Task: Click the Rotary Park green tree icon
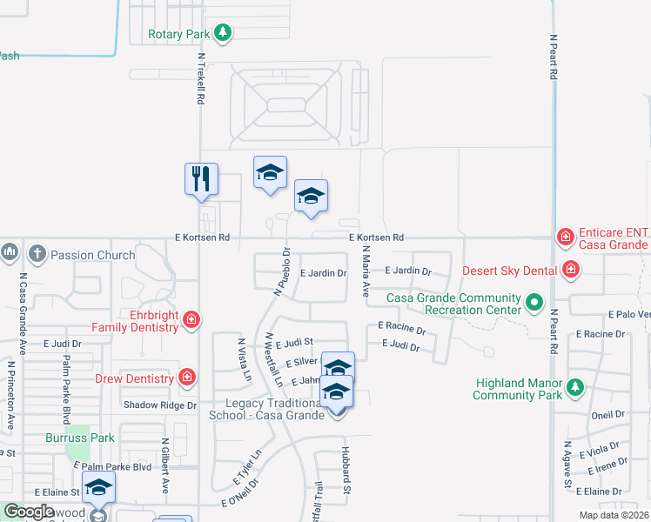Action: (224, 33)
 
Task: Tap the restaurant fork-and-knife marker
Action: (201, 178)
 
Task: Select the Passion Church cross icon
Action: (37, 254)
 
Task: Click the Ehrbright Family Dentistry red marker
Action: (191, 321)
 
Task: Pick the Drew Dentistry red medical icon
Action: (186, 377)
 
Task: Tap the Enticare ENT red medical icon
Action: (566, 236)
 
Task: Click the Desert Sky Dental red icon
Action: (570, 270)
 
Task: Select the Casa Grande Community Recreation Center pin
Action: (534, 304)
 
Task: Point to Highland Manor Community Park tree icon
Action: (574, 386)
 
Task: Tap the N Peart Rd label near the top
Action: (554, 57)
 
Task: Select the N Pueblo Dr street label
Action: (281, 271)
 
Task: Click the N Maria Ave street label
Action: (367, 275)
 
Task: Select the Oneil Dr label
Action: (607, 415)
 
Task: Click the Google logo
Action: (30, 512)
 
